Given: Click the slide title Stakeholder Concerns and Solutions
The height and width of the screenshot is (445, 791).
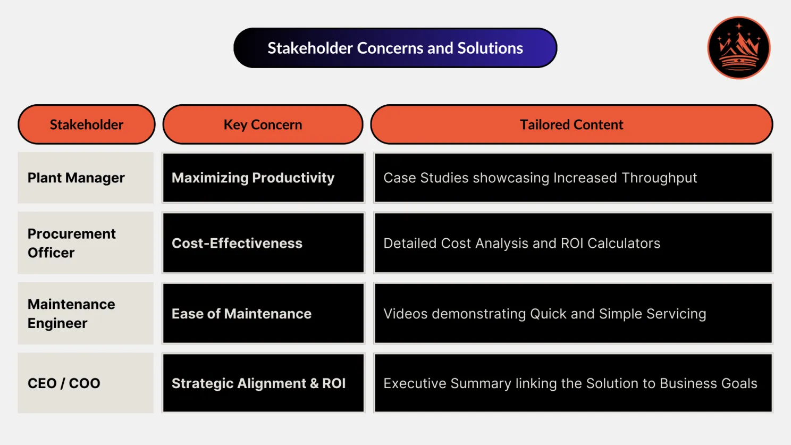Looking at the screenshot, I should (x=395, y=48).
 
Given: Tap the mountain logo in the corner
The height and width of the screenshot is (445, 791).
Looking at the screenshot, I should (x=738, y=48).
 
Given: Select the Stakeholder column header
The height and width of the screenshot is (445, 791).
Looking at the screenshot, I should (x=86, y=124).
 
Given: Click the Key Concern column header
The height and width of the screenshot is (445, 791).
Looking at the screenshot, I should (x=263, y=124).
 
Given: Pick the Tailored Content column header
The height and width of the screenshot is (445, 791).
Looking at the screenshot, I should (x=571, y=124).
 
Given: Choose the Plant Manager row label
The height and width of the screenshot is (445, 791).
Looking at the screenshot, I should (x=76, y=178).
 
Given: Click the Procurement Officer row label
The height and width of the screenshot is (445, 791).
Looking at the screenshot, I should (x=71, y=243).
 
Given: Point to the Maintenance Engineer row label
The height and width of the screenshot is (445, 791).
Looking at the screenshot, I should (x=71, y=314).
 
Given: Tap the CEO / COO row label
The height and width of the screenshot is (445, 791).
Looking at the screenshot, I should (x=64, y=383).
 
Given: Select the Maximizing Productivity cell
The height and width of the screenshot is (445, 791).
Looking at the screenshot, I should (x=253, y=178).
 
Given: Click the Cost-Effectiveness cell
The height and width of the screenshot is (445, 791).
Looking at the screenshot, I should (x=237, y=243).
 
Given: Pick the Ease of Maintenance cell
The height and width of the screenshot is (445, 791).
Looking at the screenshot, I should (x=241, y=314).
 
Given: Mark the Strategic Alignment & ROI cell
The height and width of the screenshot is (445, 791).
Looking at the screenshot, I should (x=258, y=383).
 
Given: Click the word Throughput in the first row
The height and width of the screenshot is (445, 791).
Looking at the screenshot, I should (x=659, y=178).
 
